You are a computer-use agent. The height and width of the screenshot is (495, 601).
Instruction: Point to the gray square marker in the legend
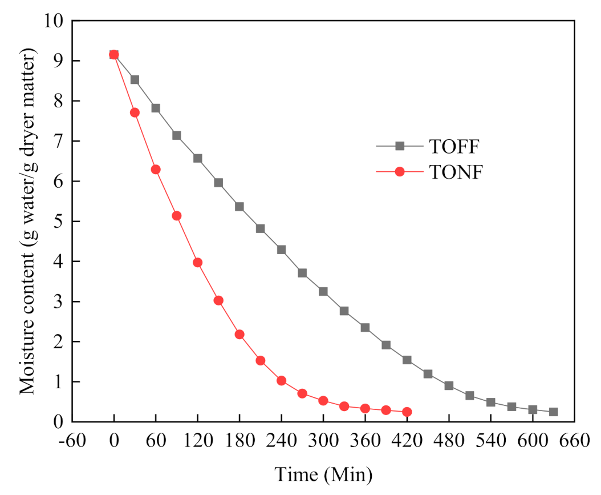pos(400,146)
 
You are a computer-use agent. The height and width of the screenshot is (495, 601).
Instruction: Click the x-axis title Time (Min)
pos(323,474)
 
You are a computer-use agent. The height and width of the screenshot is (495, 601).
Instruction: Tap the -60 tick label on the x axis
pos(72,442)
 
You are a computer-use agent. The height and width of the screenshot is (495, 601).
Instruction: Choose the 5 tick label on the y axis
pos(58,222)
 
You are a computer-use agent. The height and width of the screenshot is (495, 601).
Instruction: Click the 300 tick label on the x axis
pos(323,442)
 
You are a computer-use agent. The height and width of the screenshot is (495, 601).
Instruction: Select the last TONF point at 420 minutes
pos(407,412)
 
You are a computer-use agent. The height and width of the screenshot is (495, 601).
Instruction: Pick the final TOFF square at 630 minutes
pos(553,412)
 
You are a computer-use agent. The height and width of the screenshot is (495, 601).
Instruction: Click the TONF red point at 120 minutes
pos(197,263)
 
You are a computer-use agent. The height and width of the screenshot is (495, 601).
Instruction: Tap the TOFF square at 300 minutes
pos(323,291)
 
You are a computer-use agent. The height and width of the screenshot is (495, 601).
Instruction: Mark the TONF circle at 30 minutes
pos(135,112)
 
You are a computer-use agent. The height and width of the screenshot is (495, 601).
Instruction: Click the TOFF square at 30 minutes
pos(135,80)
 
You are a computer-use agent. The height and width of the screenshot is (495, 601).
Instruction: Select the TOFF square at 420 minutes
pos(407,360)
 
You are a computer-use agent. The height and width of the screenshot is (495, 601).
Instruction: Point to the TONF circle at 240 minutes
pos(281,381)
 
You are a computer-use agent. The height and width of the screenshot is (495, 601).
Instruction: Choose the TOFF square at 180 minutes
pos(239,207)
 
